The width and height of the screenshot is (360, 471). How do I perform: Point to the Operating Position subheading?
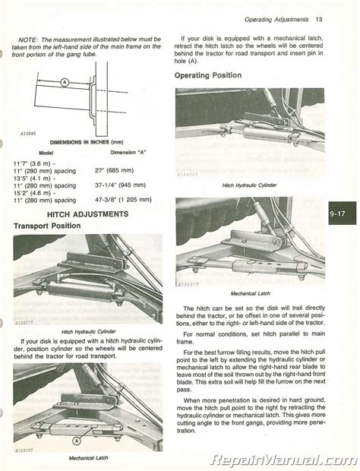pos(208,75)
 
